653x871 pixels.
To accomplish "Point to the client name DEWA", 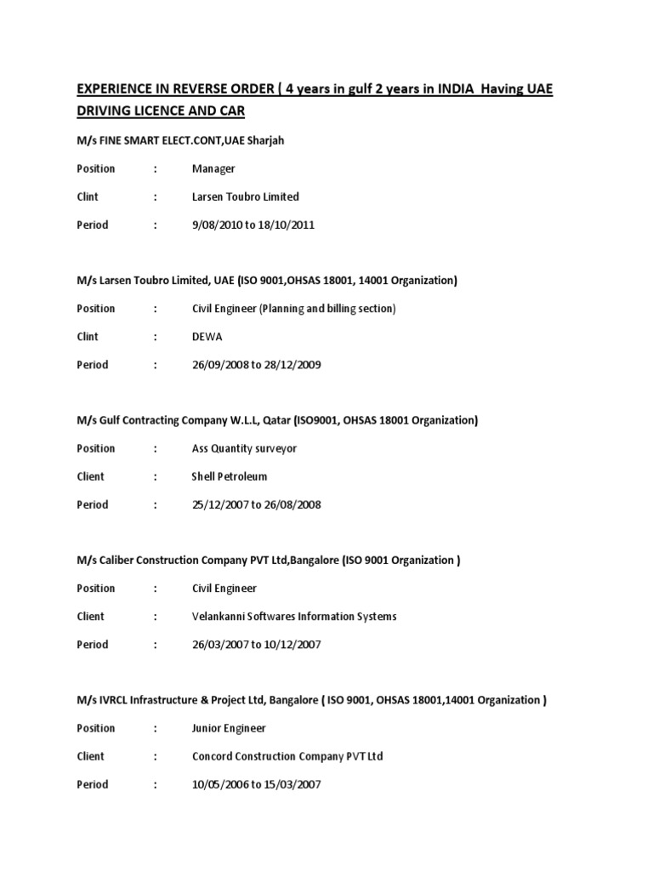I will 207,336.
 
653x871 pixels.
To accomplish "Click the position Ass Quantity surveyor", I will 244,448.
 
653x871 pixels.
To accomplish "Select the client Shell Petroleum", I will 230,476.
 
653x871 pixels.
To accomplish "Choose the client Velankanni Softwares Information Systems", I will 294,616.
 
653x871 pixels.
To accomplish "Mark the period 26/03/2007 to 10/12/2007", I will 257,644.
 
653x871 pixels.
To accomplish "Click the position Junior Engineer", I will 229,728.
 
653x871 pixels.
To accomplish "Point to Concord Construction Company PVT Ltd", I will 287,756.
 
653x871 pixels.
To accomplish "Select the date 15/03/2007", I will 292,784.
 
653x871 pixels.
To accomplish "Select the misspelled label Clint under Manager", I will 88,196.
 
